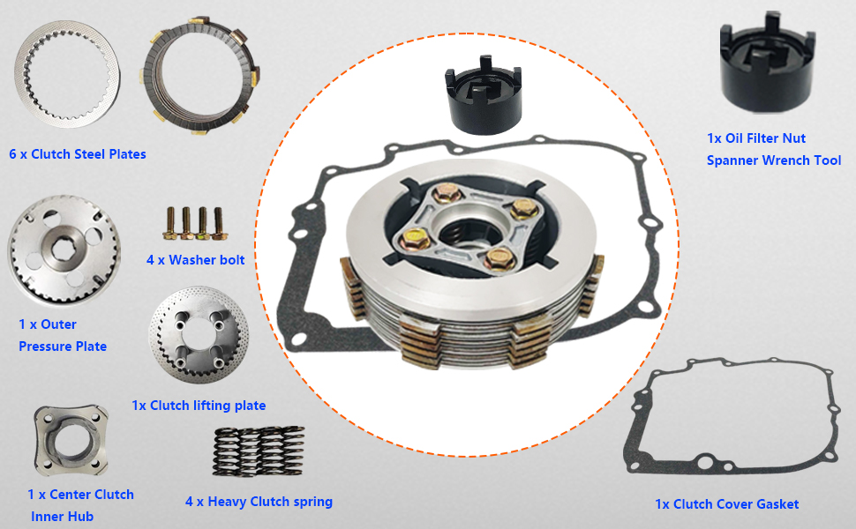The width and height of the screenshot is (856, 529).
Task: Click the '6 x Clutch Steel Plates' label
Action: pos(78,154)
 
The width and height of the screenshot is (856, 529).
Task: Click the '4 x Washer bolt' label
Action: pos(195,260)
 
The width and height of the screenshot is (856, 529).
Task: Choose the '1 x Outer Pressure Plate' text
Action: pos(63,335)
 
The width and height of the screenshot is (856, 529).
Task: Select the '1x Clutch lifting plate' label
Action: pos(199,406)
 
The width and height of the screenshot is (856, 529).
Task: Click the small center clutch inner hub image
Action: pos(70,441)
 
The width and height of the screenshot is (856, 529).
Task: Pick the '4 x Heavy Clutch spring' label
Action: pos(259,502)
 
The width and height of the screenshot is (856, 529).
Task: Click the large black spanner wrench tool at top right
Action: pos(764,67)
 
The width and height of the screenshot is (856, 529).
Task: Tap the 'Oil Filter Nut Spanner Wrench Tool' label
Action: pos(773,150)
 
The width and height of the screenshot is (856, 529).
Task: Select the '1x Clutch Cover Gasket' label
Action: pos(726,504)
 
